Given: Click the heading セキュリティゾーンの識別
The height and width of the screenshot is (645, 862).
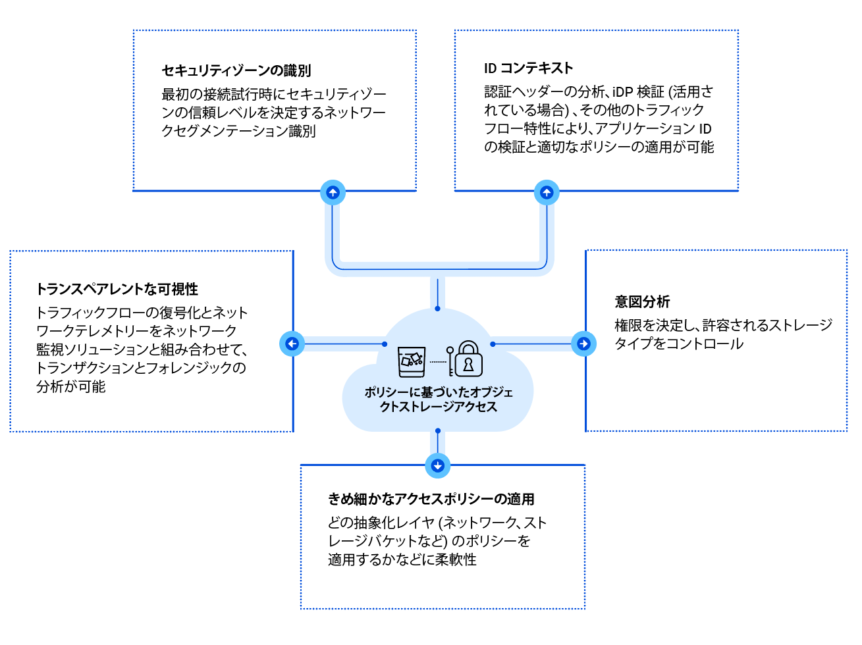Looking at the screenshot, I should click(236, 70).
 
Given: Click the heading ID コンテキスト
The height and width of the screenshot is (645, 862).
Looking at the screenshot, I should click(528, 68).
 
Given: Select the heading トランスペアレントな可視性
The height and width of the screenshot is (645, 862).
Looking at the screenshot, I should click(117, 289).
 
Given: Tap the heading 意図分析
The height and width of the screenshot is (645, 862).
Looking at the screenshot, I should click(642, 301).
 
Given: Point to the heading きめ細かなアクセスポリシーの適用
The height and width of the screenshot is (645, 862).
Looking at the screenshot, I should click(431, 499).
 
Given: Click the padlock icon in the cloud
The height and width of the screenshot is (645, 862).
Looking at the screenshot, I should click(469, 359).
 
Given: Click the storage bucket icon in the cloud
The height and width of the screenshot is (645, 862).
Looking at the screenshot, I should click(412, 361).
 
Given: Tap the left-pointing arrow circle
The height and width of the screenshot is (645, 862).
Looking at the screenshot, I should click(292, 344).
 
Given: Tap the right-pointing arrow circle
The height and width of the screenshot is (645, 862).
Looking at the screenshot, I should click(583, 344).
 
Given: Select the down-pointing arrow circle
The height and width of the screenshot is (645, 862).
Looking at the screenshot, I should click(438, 465).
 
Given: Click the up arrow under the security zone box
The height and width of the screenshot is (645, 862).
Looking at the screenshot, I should click(333, 192).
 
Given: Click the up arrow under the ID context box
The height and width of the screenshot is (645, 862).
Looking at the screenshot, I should click(547, 192).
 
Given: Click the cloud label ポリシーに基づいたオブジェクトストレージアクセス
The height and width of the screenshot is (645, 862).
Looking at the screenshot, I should click(439, 400).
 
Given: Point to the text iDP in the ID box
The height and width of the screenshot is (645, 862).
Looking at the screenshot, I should click(622, 91).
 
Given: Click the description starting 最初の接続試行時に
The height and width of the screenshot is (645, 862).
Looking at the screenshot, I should click(273, 113).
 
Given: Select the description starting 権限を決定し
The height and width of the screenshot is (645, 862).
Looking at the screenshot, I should click(722, 334).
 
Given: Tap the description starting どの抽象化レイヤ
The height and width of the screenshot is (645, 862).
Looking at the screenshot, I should click(437, 541).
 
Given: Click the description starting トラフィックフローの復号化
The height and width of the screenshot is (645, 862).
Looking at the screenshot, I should click(142, 349).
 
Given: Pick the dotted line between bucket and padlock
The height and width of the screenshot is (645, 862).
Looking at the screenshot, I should click(438, 361).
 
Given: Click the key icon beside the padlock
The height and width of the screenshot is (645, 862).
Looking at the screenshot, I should click(450, 361).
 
